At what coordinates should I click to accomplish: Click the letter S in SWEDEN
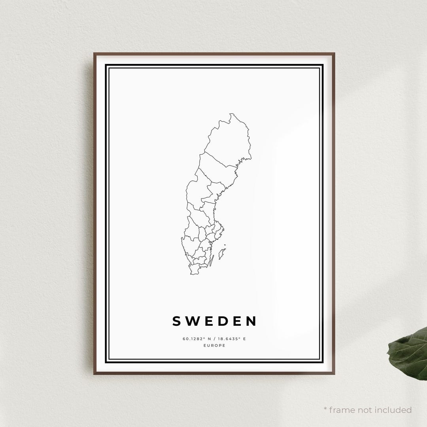[177, 321]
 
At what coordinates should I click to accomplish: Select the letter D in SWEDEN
[222, 321]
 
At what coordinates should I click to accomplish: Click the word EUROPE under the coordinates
[214, 346]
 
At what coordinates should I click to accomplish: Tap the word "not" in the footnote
[366, 410]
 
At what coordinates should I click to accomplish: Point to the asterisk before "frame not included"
[325, 408]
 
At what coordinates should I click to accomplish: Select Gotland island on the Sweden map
[222, 251]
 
